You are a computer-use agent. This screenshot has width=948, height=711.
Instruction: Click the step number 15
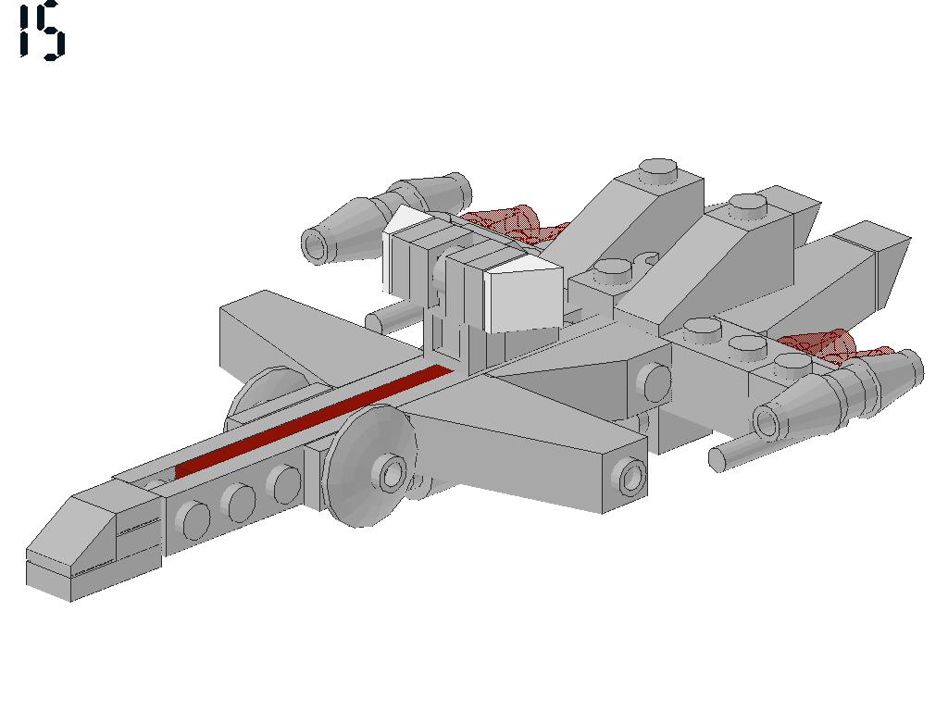41,31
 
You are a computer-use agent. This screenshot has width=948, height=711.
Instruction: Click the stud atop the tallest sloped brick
658,170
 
